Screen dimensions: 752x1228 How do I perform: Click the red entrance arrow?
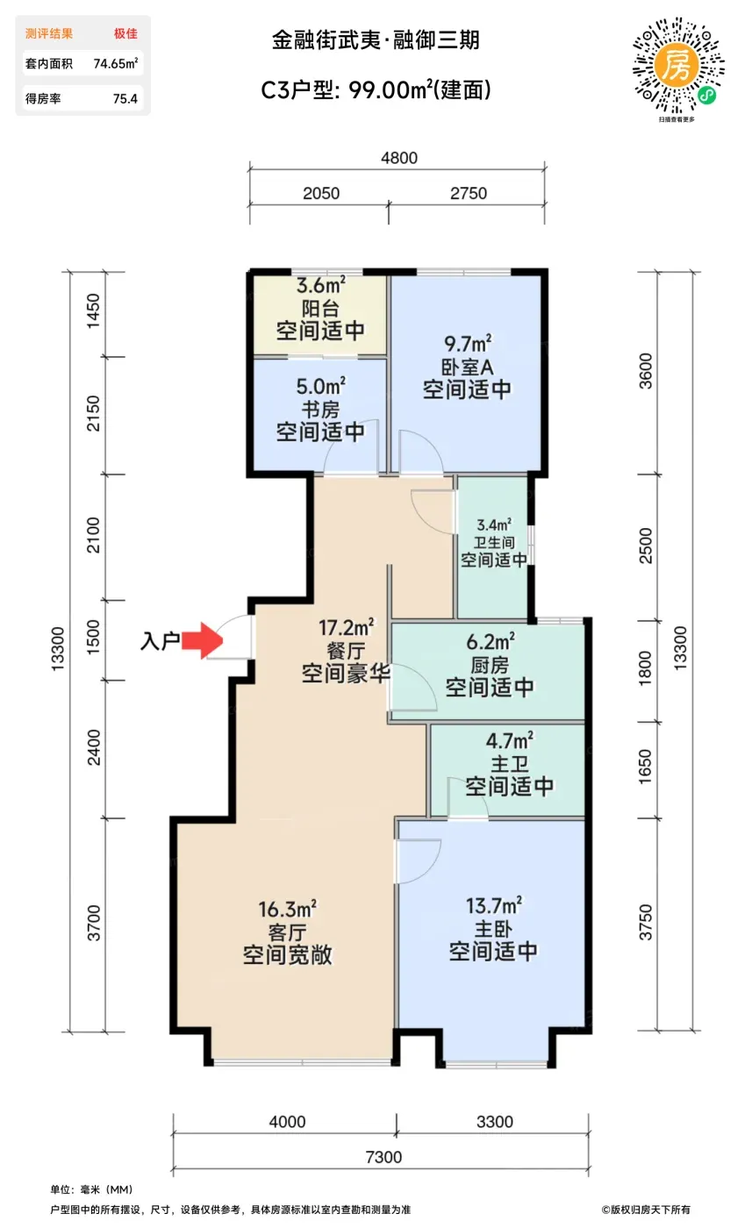(202, 640)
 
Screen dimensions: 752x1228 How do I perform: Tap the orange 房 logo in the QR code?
(677, 66)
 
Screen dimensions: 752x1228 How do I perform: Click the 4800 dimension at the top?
(399, 158)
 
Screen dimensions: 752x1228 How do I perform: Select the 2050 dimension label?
(321, 194)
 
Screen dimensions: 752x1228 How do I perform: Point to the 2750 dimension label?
(469, 194)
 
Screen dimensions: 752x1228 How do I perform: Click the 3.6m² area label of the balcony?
(321, 285)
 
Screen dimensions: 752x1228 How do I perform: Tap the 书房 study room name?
(320, 410)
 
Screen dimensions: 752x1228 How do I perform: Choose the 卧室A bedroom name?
(467, 367)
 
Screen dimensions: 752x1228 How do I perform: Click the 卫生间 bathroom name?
(494, 543)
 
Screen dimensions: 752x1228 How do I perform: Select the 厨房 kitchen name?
(490, 665)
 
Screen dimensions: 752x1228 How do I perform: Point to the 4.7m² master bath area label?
(509, 741)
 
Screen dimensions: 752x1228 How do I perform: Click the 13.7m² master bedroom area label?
(494, 905)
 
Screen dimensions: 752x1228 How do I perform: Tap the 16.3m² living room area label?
(288, 910)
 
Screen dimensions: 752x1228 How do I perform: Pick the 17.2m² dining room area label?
(347, 628)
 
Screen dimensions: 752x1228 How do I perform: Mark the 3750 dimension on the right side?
(646, 923)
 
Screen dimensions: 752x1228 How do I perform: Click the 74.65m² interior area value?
(115, 63)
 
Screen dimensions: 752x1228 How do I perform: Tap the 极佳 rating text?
(125, 33)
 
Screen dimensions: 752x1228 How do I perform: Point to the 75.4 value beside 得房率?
(125, 99)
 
